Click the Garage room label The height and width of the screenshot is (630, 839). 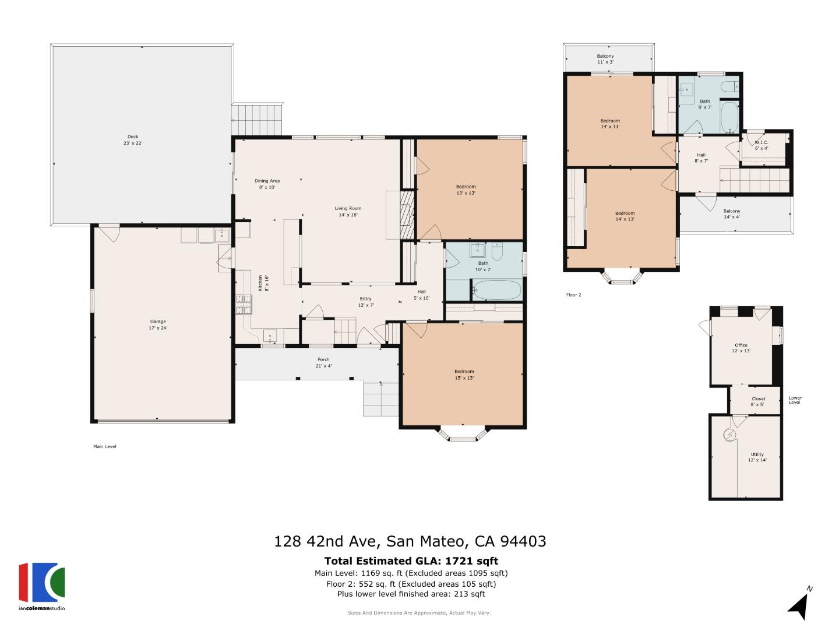point(158,324)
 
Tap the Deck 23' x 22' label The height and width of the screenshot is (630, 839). point(133,139)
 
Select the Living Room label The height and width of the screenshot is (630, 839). point(348,211)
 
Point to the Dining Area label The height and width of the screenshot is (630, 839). point(267,184)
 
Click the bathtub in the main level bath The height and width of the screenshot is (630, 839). point(496,289)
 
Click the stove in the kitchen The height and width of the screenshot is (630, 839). point(244,304)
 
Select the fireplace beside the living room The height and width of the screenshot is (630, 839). point(407,213)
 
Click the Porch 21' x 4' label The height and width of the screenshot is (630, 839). point(323,362)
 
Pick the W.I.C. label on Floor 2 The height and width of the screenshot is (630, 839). point(762,145)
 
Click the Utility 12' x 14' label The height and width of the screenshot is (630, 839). point(757,457)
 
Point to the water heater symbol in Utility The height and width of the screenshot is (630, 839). point(729,435)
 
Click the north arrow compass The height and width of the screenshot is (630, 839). point(799,604)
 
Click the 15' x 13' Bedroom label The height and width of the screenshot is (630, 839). point(464,374)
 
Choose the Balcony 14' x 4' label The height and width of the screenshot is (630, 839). point(732,214)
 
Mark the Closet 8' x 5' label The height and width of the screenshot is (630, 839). point(758,401)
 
